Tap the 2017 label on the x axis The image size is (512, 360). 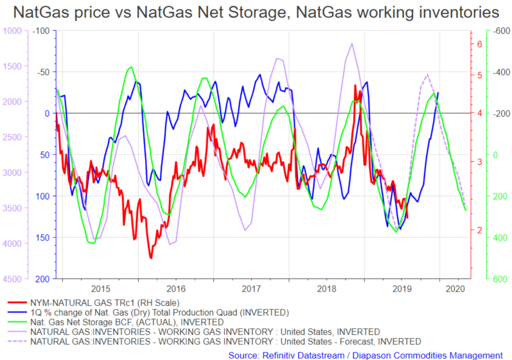pos(251,289)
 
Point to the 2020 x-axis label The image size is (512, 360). pos(455,289)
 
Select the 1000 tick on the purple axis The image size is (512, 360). pos(12,31)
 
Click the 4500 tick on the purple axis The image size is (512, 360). pos(12,279)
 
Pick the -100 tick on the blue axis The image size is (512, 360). pos(41,31)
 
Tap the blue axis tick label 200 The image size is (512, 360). pos(42,279)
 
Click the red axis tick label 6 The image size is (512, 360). pos(480,44)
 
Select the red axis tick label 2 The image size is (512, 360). pos(480,230)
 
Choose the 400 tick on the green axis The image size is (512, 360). pos(500,238)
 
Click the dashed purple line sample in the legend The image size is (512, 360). pos(17,341)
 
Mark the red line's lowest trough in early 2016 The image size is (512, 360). pos(151,258)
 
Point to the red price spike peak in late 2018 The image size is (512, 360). pos(355,85)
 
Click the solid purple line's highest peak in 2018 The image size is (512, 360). pos(352,43)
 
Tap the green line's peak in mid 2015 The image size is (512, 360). pos(131,67)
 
